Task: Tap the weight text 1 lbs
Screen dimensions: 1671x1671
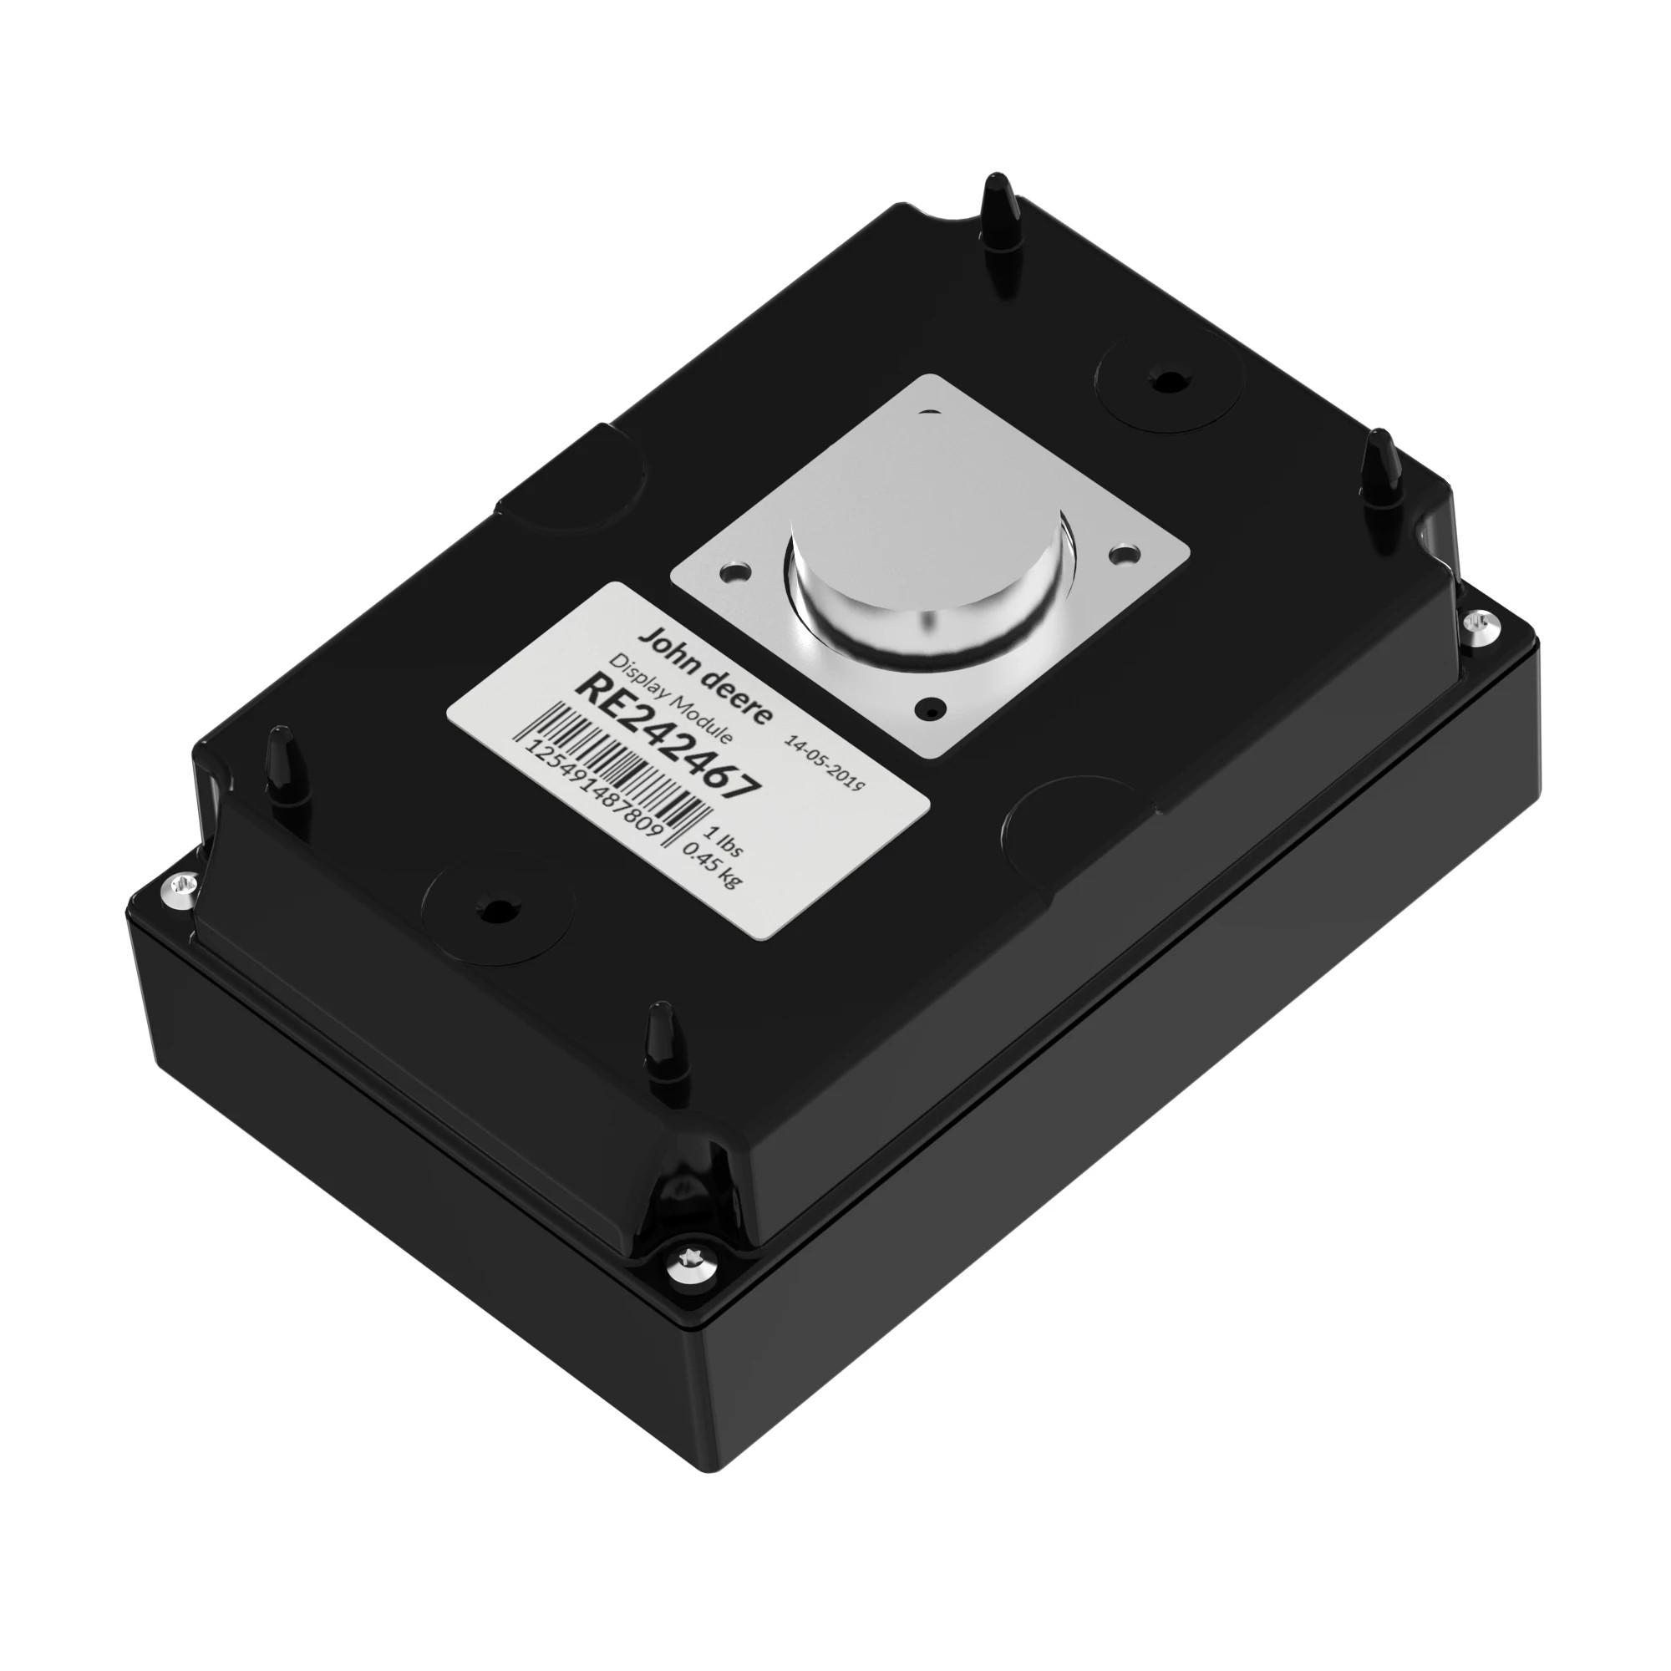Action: coord(724,841)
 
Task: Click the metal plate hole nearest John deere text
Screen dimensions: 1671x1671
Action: coord(734,571)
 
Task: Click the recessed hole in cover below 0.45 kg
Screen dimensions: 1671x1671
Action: coord(495,909)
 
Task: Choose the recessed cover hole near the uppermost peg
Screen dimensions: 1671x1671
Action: coord(1168,380)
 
